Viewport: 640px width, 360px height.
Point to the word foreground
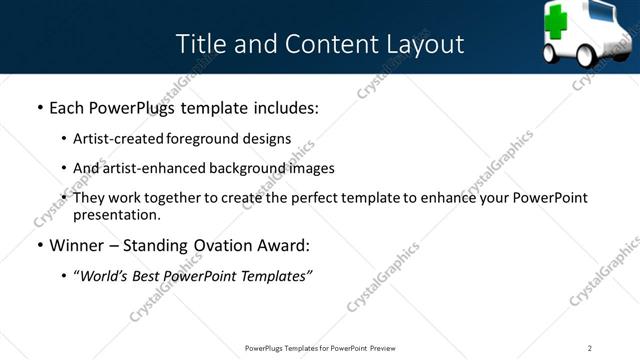[x=209, y=138]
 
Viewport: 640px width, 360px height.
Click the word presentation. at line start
[x=116, y=214]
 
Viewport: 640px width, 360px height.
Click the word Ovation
[x=240, y=245]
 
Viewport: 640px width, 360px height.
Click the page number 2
[x=590, y=348]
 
